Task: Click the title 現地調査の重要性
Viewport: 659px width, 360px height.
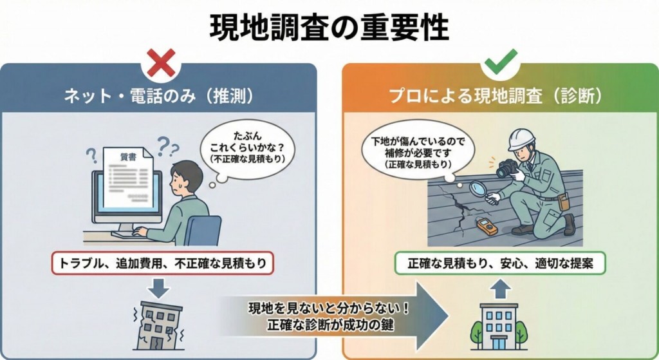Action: coord(329,27)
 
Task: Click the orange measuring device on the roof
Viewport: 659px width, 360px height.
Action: coord(487,226)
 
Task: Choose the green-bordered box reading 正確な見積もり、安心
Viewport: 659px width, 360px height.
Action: coord(499,263)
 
